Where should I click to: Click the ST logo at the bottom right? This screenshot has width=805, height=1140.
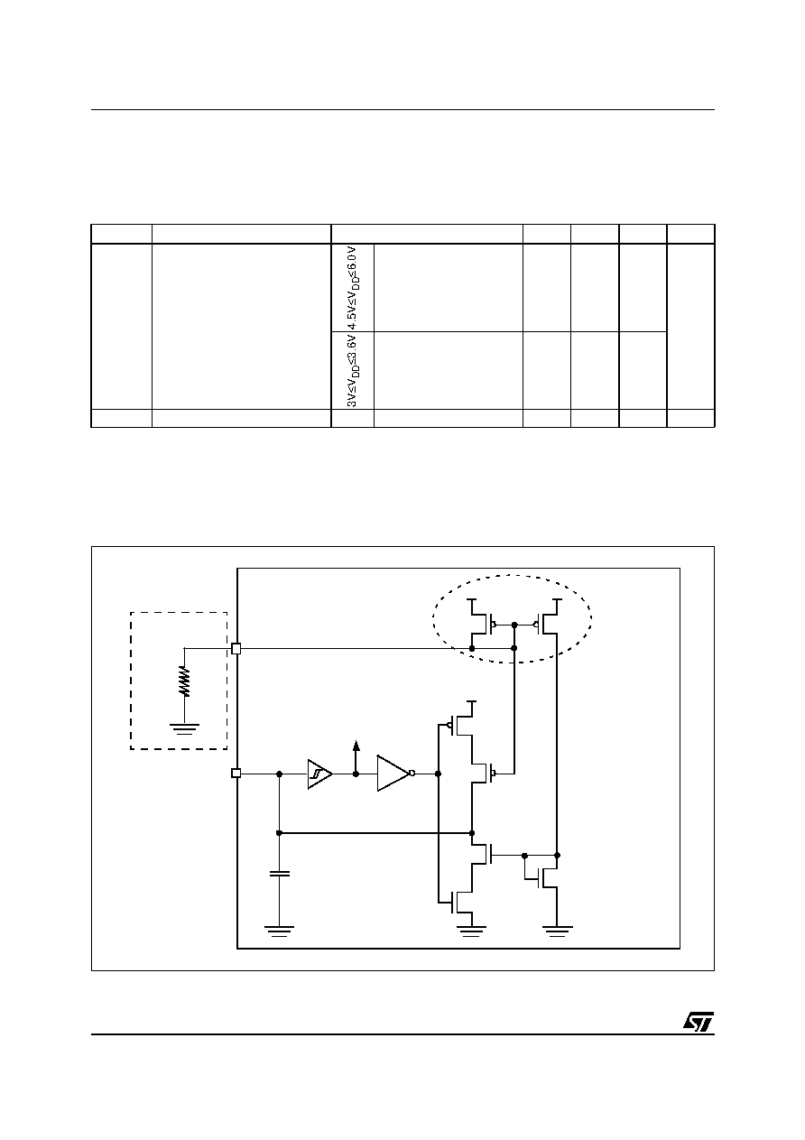coord(699,1022)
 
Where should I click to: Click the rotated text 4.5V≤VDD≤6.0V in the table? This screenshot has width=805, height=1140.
coord(353,288)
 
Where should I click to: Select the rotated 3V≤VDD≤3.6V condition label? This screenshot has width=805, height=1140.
coord(353,371)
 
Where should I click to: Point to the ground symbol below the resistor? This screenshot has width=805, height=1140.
coord(185,728)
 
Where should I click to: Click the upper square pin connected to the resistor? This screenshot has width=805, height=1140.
coord(236,648)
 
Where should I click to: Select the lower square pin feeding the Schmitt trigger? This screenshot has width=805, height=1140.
coord(236,773)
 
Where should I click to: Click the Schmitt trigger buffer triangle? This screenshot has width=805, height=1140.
coord(319,774)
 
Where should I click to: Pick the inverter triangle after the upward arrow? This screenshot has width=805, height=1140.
coord(393,774)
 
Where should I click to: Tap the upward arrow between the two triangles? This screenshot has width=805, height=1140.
coord(356,757)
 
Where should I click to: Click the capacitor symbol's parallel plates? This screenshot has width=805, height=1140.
coord(279,874)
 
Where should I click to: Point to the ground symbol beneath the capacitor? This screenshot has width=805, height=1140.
coord(279,931)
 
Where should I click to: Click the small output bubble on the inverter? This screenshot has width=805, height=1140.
coord(412,774)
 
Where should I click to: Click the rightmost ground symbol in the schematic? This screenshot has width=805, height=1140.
coord(558,931)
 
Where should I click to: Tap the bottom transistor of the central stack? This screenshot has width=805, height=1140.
coord(460,903)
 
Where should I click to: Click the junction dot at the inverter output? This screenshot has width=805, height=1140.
coord(438,774)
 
